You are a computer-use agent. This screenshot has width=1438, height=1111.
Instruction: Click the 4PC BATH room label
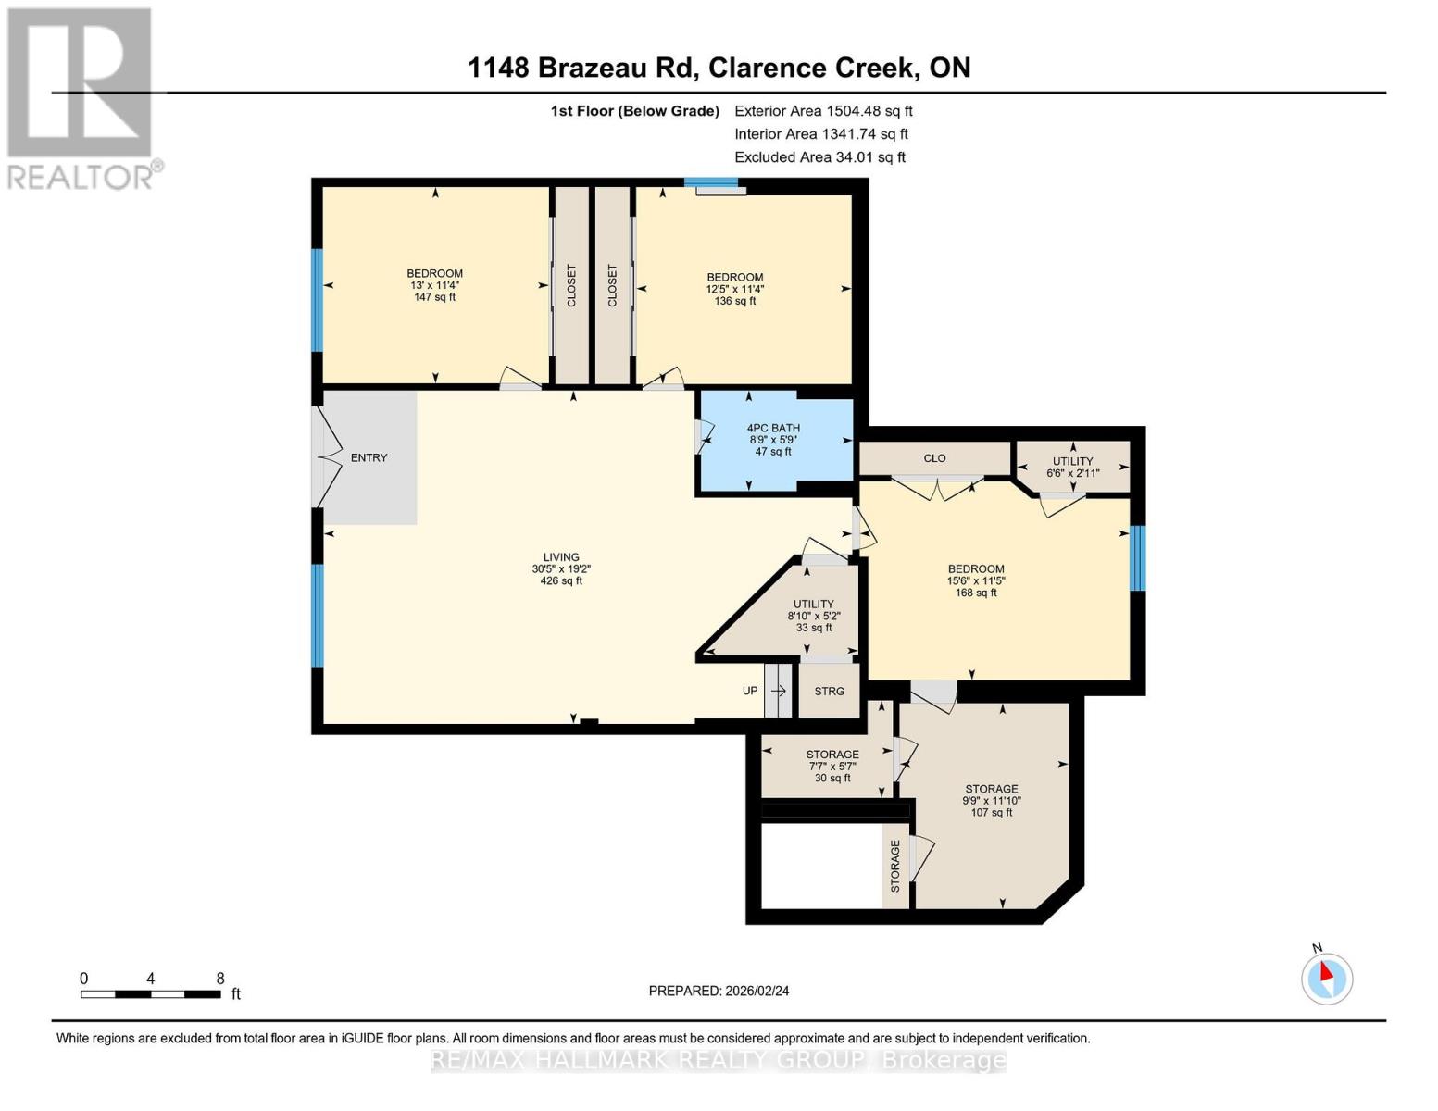click(773, 440)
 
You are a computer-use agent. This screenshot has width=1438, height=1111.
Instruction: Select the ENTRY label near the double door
click(369, 457)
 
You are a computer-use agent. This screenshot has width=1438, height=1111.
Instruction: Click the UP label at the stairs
click(750, 691)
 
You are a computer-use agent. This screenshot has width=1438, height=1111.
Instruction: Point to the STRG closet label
click(829, 691)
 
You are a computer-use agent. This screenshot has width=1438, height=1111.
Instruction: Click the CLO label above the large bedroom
click(934, 458)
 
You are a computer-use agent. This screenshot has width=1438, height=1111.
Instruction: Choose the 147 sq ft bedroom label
click(434, 285)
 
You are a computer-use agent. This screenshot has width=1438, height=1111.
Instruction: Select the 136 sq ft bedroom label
click(735, 289)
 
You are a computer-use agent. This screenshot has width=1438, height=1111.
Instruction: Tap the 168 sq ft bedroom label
click(976, 580)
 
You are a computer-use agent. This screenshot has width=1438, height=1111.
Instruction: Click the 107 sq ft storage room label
click(991, 801)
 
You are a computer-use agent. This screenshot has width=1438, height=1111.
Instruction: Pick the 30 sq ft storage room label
click(832, 766)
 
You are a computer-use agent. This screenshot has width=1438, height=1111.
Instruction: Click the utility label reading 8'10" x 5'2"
click(814, 616)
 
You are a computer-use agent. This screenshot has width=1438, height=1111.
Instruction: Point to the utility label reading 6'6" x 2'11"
click(1072, 467)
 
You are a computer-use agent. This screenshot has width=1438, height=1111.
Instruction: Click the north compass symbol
click(1327, 977)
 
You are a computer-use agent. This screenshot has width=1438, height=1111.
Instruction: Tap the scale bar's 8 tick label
click(220, 979)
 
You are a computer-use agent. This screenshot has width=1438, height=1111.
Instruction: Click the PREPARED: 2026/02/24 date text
click(719, 991)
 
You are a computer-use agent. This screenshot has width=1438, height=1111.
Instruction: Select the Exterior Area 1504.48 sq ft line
click(823, 110)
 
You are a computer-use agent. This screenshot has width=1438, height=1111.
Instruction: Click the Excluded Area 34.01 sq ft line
click(819, 157)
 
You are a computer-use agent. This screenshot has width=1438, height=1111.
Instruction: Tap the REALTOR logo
click(81, 97)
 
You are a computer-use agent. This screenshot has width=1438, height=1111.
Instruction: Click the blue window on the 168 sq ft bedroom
click(1138, 558)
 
